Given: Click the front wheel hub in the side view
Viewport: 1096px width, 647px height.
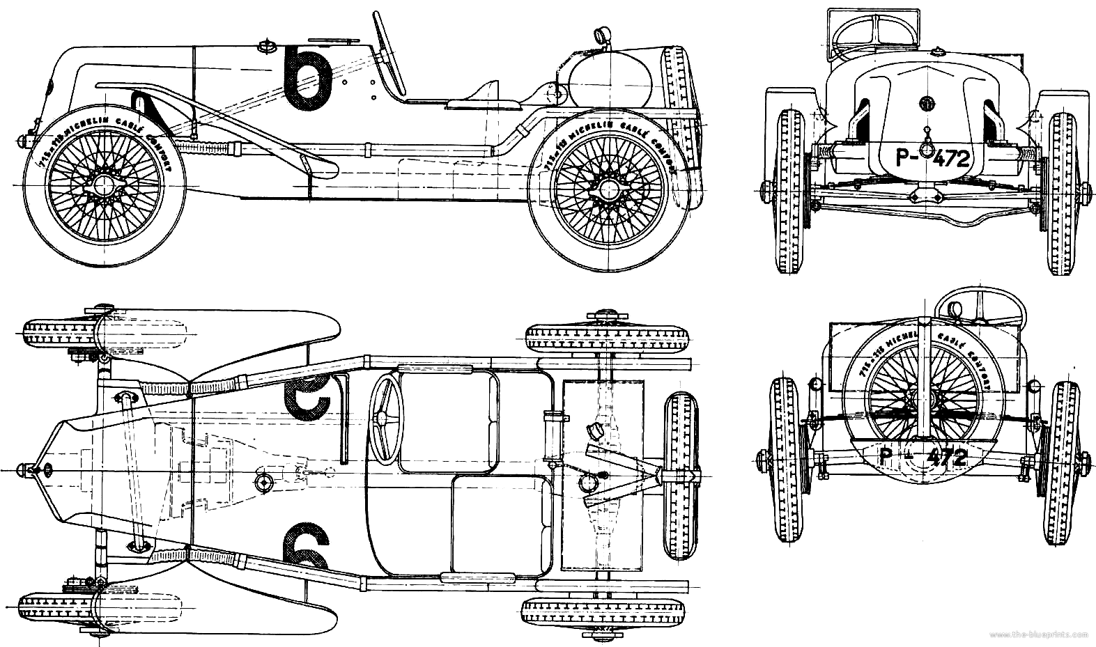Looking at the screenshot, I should point(105,185).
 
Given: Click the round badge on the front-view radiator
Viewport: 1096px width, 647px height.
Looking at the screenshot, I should point(927,102).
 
